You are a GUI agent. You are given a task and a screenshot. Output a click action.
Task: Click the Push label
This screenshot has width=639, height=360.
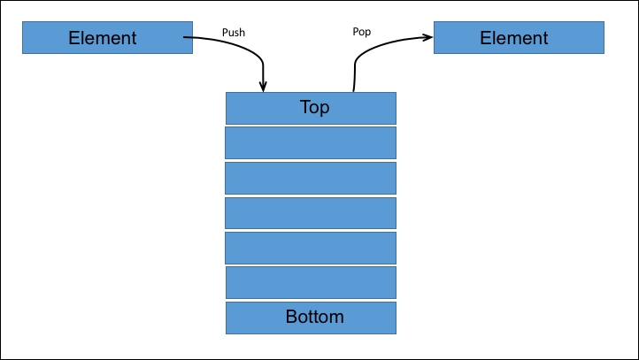[234, 32]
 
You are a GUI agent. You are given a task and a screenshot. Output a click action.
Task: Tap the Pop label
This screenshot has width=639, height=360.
[361, 32]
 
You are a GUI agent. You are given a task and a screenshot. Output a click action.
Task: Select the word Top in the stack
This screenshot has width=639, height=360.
[314, 108]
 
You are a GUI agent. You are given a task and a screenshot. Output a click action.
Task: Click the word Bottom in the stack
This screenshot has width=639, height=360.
[314, 317]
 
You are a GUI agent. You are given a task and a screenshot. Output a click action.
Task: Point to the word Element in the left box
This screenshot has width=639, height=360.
[103, 38]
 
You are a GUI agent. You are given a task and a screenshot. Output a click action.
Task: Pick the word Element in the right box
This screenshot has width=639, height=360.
[514, 38]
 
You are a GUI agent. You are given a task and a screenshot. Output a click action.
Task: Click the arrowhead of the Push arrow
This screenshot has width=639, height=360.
[263, 87]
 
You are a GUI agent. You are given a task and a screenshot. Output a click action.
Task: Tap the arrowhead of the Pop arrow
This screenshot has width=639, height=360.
[427, 37]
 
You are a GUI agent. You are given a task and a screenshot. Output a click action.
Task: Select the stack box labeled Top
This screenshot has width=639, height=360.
[311, 108]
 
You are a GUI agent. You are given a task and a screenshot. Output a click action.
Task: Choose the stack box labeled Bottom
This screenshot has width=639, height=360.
[311, 318]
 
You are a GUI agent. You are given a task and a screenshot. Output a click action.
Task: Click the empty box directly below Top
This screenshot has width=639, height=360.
[311, 143]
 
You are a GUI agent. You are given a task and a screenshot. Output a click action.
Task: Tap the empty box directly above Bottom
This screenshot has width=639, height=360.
[311, 283]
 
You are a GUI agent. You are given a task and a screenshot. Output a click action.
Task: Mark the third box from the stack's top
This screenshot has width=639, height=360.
[311, 178]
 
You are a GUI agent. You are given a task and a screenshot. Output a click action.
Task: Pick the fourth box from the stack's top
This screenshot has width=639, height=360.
[311, 213]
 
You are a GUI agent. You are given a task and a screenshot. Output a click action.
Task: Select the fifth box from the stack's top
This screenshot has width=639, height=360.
[311, 248]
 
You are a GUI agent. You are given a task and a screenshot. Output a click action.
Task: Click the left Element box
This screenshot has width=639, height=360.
[108, 37]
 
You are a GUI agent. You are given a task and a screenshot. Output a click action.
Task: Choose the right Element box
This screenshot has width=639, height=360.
[519, 37]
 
